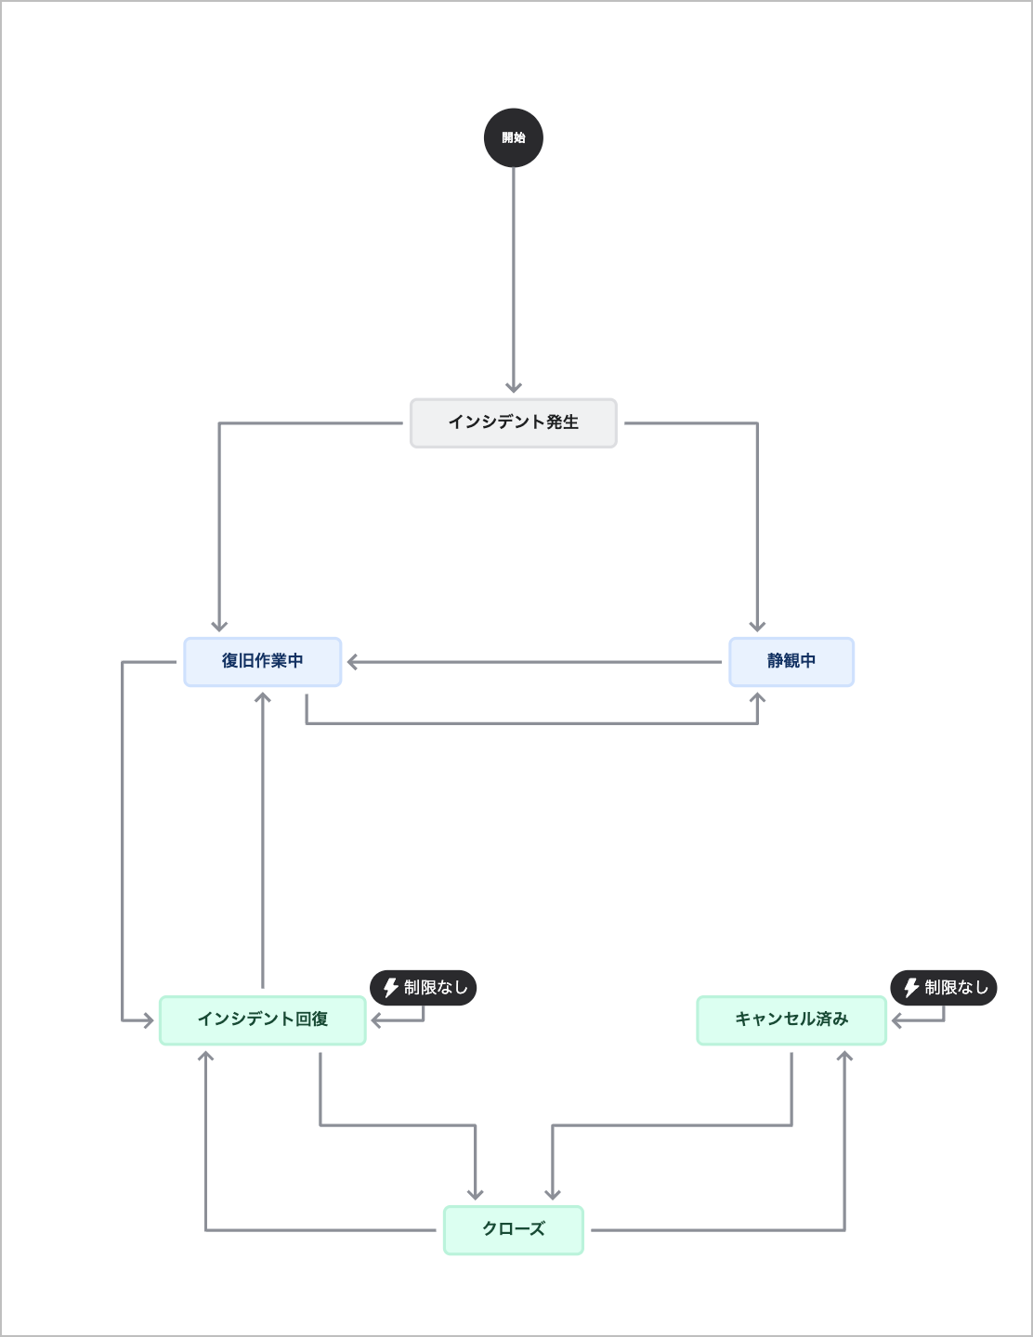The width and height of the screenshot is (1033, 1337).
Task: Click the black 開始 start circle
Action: point(514,137)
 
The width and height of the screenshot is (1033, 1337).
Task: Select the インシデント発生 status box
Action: point(514,423)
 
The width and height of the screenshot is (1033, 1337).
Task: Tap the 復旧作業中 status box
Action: point(263,662)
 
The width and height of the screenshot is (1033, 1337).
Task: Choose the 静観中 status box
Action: point(791,662)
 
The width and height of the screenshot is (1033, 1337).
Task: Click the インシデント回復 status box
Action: point(263,1020)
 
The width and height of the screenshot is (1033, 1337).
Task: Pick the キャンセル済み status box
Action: point(791,1020)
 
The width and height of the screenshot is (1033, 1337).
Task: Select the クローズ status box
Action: point(514,1230)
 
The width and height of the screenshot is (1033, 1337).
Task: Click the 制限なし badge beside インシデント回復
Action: point(424,988)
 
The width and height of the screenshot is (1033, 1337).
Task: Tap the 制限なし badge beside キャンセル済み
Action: point(944,988)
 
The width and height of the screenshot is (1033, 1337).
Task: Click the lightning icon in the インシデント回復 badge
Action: point(391,988)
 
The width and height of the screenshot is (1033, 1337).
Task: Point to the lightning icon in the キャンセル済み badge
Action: point(911,988)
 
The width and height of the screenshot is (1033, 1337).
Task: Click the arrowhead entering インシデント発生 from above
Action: point(514,387)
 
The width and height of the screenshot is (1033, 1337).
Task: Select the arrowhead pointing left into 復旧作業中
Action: point(353,662)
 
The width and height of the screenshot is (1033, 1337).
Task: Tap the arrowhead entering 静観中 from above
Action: point(757,626)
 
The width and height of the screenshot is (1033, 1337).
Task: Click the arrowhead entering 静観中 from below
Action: point(757,697)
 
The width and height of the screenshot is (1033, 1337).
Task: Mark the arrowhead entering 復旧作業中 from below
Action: point(263,697)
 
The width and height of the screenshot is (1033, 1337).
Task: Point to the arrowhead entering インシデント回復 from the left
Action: point(148,1020)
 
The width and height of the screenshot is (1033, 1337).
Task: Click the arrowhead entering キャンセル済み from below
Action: point(844,1057)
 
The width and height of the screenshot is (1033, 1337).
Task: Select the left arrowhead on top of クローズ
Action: point(476,1194)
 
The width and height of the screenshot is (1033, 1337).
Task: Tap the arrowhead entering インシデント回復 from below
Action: point(206,1057)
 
